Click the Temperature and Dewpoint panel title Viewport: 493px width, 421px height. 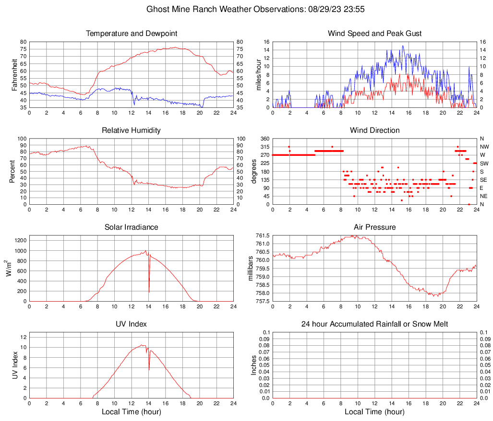[x=132, y=34]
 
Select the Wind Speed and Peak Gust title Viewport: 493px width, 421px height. [x=374, y=34]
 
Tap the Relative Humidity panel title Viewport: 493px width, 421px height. [x=132, y=130]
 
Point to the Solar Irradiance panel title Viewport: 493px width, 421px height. [x=132, y=227]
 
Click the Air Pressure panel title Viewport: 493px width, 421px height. [x=374, y=227]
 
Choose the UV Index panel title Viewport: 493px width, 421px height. [x=132, y=324]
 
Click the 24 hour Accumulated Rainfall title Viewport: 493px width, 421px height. [x=374, y=324]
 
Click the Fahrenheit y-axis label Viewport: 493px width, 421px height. [x=14, y=75]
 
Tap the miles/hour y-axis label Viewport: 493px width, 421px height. [x=258, y=75]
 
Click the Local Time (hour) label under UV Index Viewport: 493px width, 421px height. [x=132, y=412]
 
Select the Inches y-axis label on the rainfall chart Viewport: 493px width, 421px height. [x=254, y=365]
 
